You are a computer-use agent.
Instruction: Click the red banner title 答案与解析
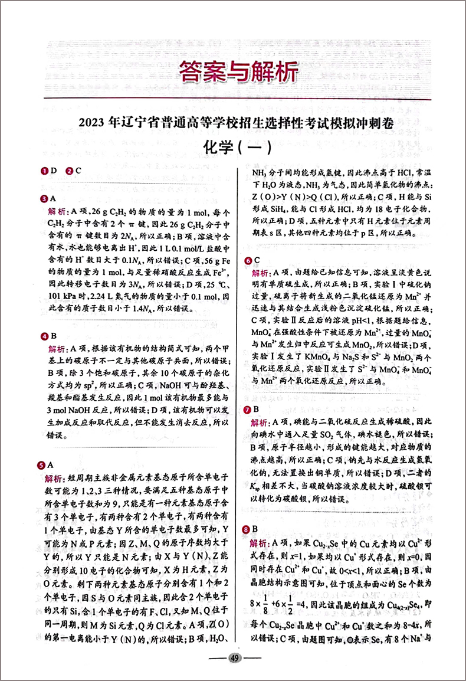click(238, 73)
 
